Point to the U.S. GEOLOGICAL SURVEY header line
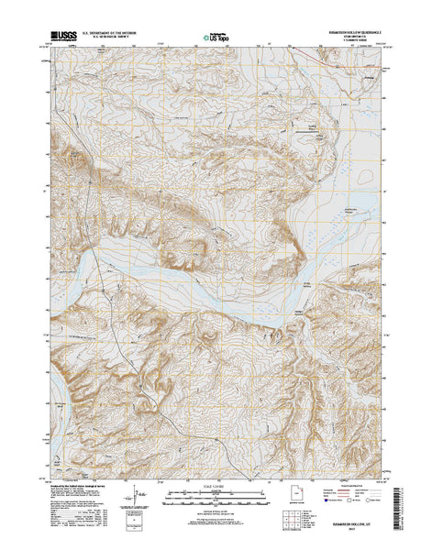click(x=109, y=37)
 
